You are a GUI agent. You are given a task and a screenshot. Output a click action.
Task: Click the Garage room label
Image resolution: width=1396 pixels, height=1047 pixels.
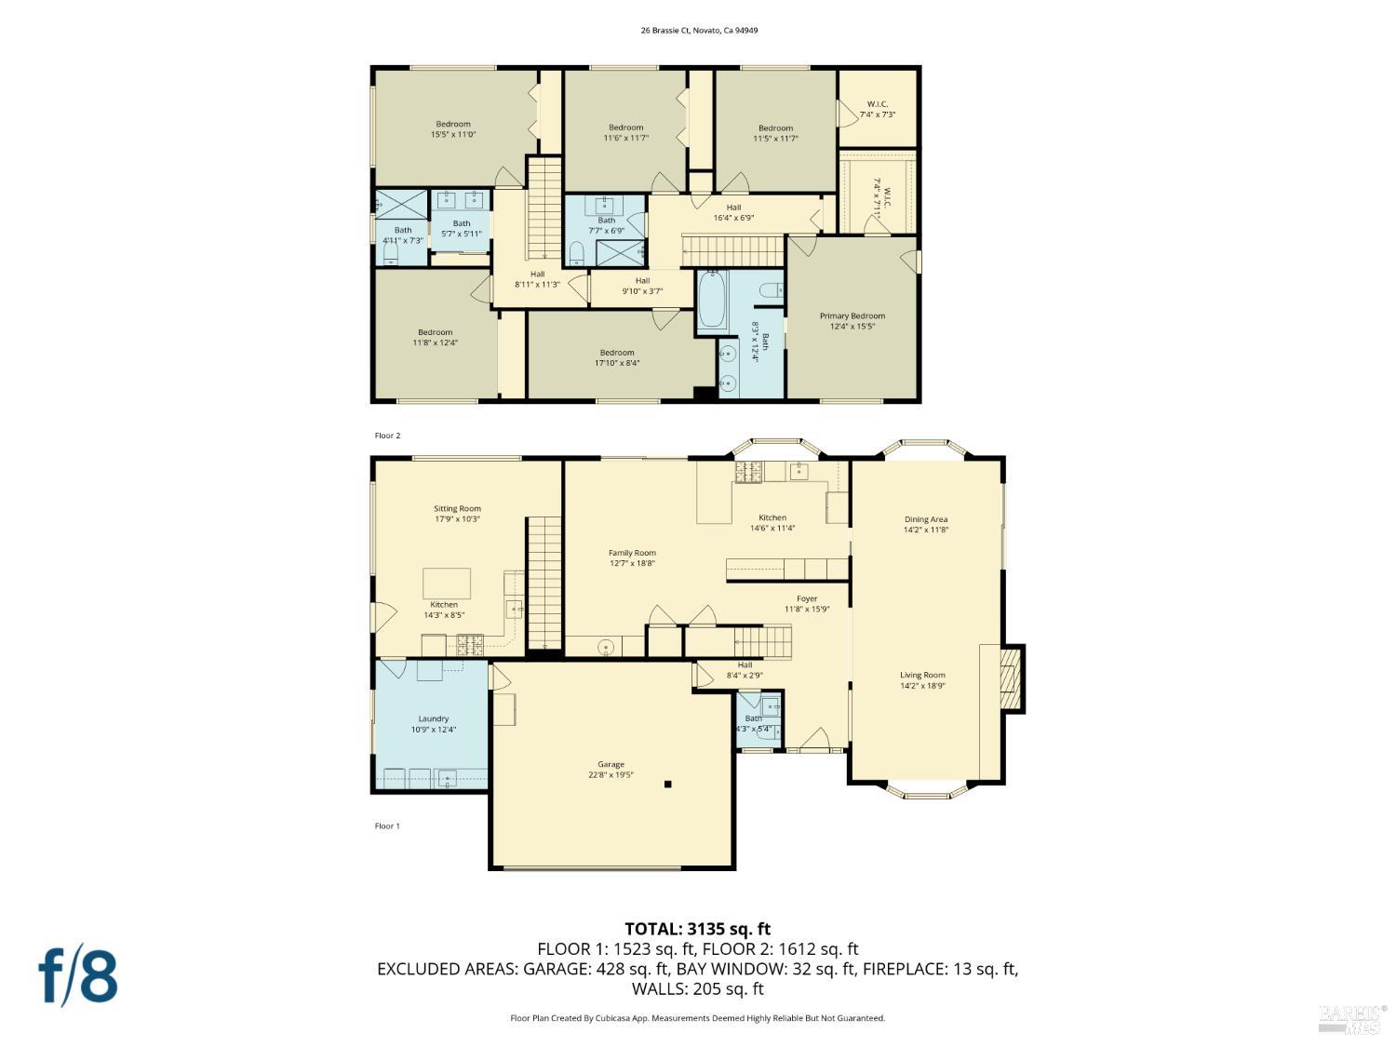point(611,770)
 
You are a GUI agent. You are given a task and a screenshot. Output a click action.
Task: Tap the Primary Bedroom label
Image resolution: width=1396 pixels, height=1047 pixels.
point(852,321)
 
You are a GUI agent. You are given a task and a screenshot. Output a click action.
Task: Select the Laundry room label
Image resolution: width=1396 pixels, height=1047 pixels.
point(434,724)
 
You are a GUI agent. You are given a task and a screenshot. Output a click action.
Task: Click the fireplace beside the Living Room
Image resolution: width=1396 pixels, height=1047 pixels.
point(1011,678)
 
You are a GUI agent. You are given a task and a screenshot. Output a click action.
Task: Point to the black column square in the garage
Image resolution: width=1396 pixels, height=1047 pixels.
point(667,785)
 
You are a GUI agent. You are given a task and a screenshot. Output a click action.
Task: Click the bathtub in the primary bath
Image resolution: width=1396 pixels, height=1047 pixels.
point(712,300)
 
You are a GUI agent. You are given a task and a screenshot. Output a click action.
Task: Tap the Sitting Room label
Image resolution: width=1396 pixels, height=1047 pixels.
point(457,514)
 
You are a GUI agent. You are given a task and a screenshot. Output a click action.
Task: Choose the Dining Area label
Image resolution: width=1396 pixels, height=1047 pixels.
point(925,525)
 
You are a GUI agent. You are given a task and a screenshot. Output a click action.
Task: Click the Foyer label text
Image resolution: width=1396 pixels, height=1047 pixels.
point(807,599)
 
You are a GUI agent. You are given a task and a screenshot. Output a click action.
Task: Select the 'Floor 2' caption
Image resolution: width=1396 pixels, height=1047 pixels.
point(387,436)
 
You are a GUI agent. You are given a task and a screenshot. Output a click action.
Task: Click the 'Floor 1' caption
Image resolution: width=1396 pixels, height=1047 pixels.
point(387,826)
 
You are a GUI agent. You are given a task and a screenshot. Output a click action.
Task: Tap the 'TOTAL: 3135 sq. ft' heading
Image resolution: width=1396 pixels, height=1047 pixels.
point(697,929)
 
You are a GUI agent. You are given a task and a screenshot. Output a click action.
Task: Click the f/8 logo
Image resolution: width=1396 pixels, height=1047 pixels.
point(78,974)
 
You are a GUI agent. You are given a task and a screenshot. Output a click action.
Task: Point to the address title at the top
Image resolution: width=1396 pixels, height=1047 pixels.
point(699,30)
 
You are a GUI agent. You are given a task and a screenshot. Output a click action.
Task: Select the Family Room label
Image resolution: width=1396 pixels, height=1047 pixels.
point(632,557)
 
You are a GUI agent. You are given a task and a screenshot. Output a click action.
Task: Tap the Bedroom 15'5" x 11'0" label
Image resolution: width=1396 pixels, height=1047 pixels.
point(453,129)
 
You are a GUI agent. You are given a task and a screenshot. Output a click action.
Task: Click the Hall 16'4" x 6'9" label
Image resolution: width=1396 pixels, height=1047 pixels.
point(733,213)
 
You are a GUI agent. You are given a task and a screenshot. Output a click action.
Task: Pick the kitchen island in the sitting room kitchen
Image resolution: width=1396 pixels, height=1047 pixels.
point(447,584)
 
